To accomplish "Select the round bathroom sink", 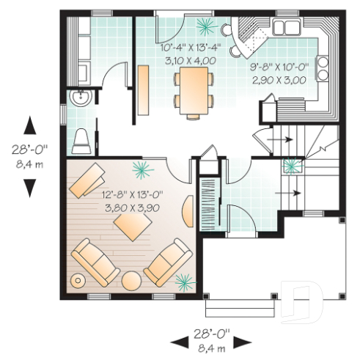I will [x=78, y=98].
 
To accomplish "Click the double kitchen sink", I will [x=287, y=28].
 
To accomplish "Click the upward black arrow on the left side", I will [x=29, y=125].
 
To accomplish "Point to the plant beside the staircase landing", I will [x=291, y=164].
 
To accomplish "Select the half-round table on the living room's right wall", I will [x=188, y=212].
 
